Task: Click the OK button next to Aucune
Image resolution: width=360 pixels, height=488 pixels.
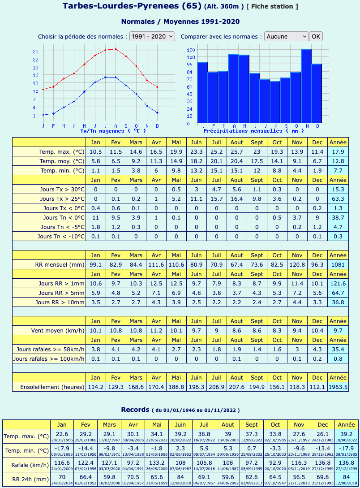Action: pos(316,36)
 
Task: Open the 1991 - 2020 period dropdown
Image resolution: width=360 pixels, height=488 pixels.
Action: pos(152,36)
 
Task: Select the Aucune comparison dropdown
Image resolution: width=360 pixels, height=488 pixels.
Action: pos(286,36)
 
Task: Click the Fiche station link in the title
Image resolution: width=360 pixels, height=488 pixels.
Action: pos(272,7)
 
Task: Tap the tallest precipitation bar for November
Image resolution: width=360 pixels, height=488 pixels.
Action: pos(306,86)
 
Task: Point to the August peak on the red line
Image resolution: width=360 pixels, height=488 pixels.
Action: pos(116,49)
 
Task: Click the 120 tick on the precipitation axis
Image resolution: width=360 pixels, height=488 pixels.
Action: pos(191,50)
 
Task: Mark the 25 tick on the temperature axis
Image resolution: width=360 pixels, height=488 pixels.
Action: pos(36,52)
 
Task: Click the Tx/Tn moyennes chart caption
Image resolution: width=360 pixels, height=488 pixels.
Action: pos(113,131)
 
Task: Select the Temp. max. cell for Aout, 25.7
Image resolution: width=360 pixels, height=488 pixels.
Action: pos(236,151)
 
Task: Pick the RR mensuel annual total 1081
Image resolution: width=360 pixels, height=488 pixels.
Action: pos(338,264)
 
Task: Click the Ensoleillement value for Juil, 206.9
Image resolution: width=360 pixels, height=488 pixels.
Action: pos(216,387)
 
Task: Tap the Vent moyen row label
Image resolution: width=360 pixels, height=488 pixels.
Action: pos(58,331)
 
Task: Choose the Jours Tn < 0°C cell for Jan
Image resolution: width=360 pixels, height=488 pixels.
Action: pos(95,217)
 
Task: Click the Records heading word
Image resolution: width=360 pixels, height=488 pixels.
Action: pos(135,410)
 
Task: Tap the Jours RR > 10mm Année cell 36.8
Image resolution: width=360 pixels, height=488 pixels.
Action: pos(338,302)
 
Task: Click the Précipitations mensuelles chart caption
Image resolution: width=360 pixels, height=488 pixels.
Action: pos(254,131)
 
